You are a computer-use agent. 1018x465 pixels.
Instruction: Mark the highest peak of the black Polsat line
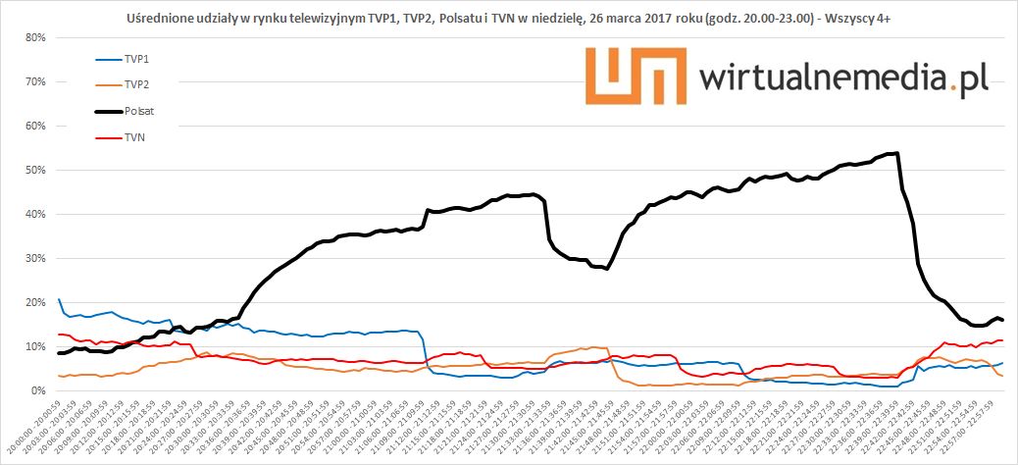(x=896, y=153)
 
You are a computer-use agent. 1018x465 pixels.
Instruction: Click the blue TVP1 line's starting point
(x=59, y=299)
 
